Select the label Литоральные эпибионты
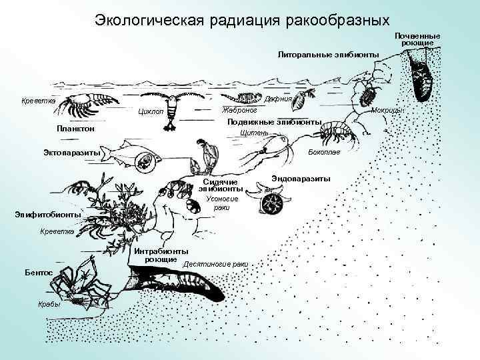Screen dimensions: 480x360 click(328, 53)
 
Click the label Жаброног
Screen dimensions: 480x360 click(239, 110)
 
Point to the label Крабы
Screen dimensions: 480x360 click(49, 305)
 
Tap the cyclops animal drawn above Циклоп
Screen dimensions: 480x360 click(174, 107)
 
